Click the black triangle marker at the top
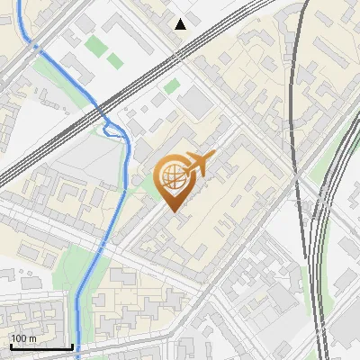tap(181, 23)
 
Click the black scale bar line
tap(40, 347)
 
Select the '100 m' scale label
tap(23, 339)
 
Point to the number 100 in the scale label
tap(19, 339)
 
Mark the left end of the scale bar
tap(10, 347)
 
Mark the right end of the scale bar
tap(72, 347)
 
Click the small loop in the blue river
tap(114, 130)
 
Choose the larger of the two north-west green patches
tap(94, 44)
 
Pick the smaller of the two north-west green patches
tap(114, 61)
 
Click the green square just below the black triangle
tap(172, 86)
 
